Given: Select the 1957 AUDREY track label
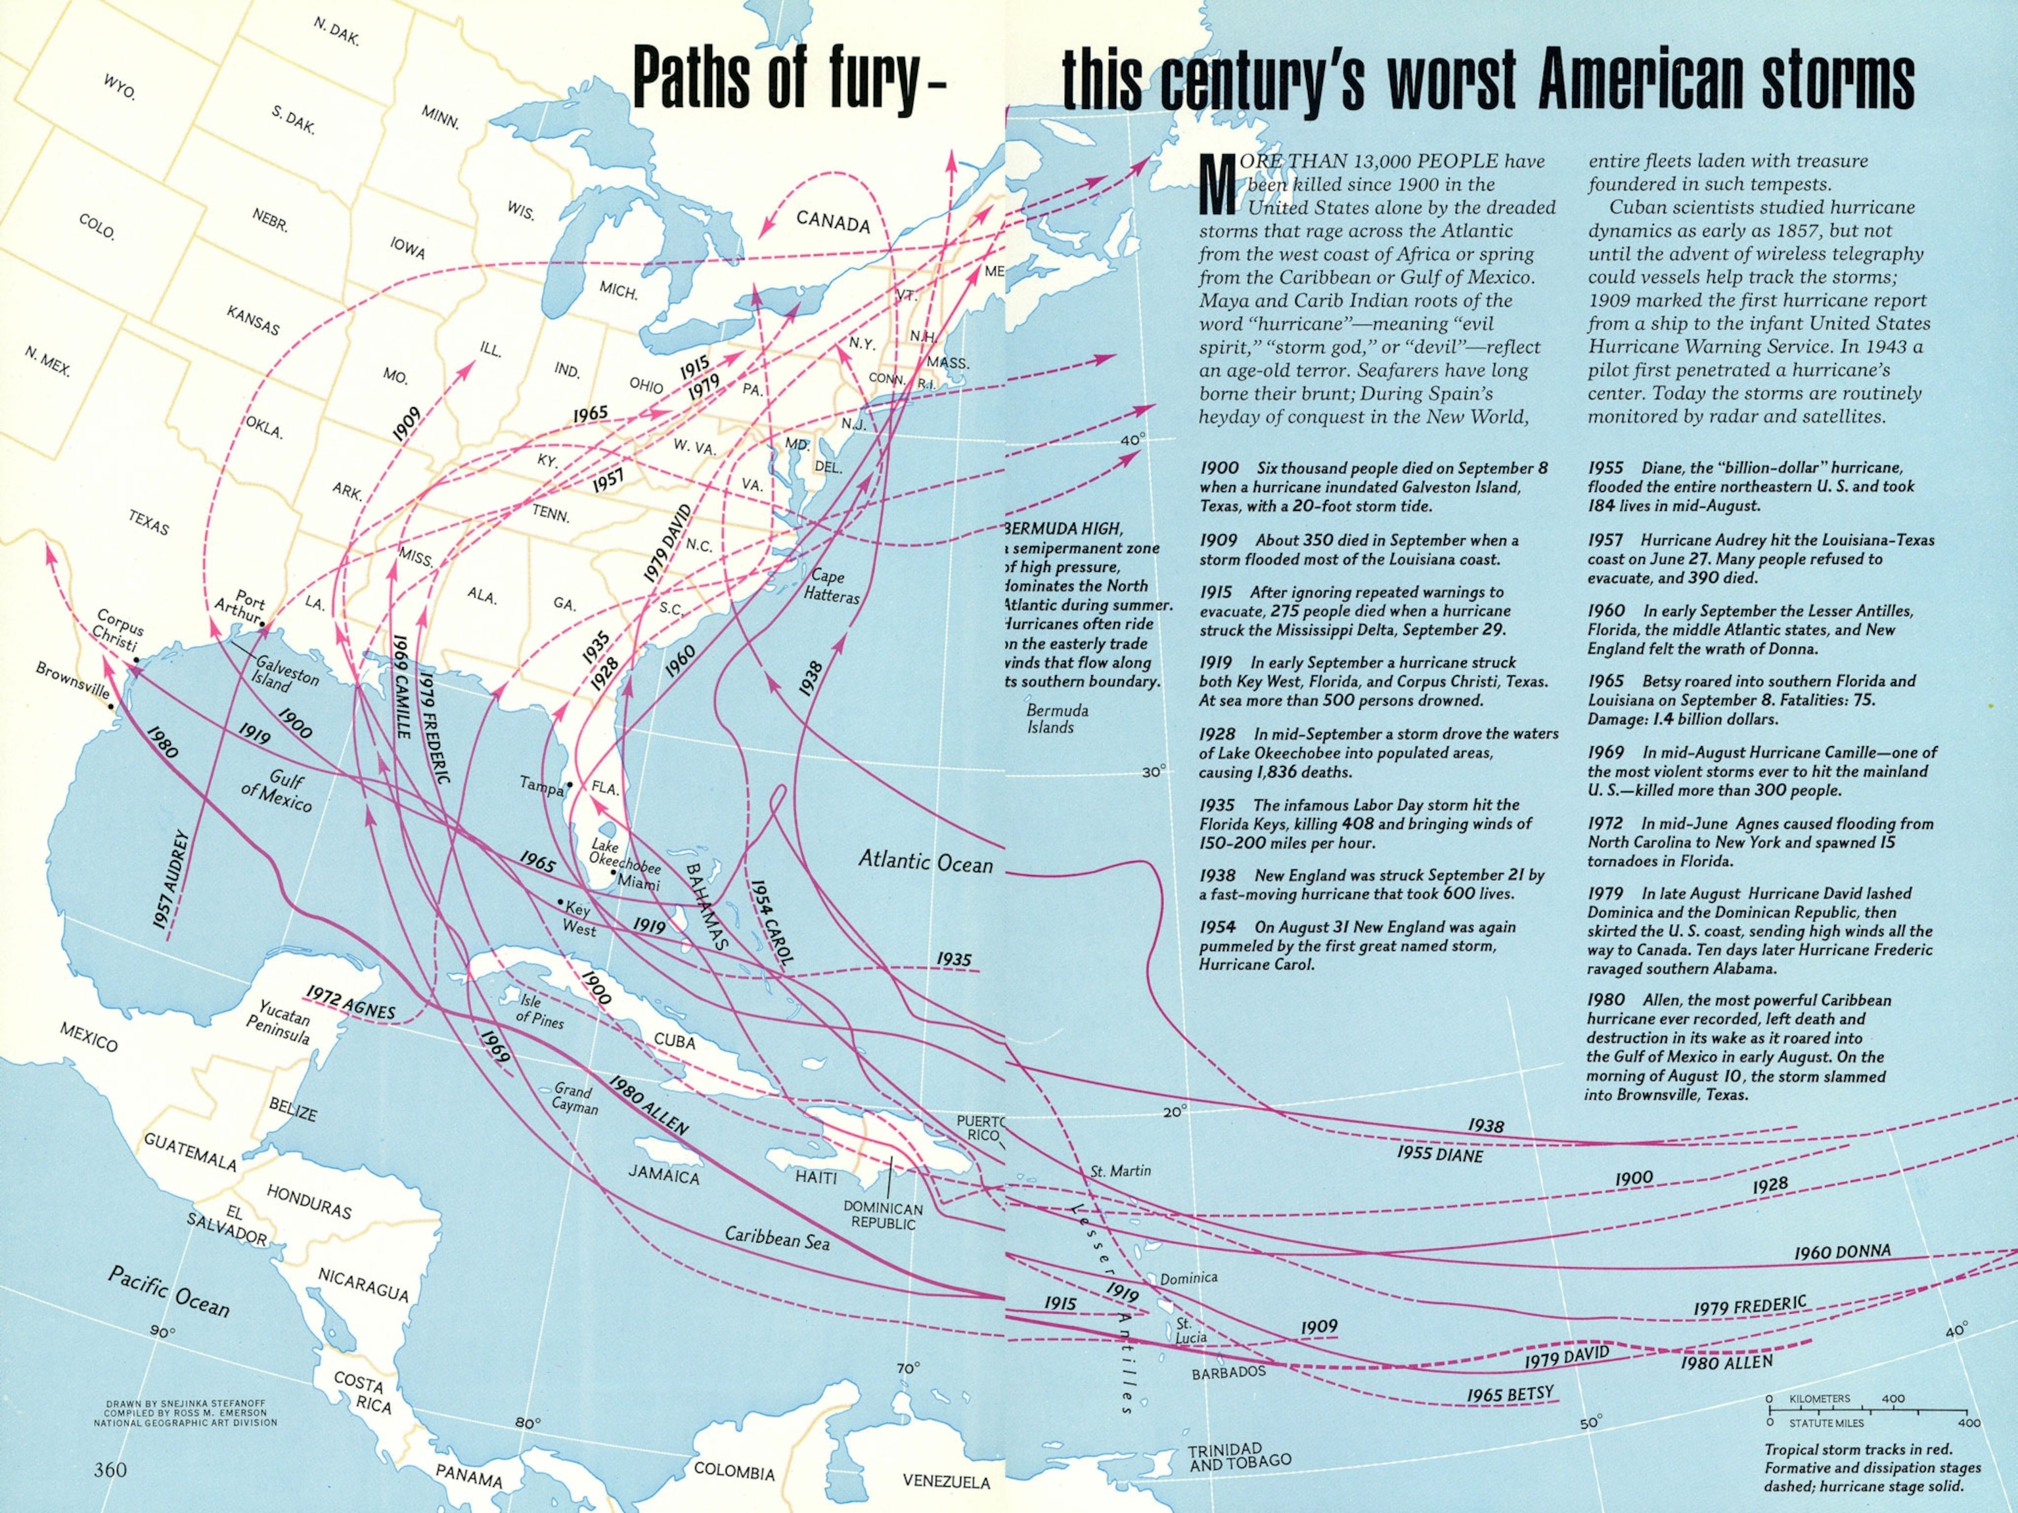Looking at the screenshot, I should [171, 880].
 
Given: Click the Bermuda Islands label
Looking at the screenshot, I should [1056, 718].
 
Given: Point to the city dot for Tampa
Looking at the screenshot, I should [570, 784].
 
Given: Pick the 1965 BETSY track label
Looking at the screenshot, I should [1510, 1393].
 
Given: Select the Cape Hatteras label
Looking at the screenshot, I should [830, 586].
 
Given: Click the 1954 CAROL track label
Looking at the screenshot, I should [772, 921].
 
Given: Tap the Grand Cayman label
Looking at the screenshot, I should [574, 1099].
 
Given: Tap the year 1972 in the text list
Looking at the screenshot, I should [1605, 823].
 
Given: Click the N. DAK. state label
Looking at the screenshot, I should [336, 33].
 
